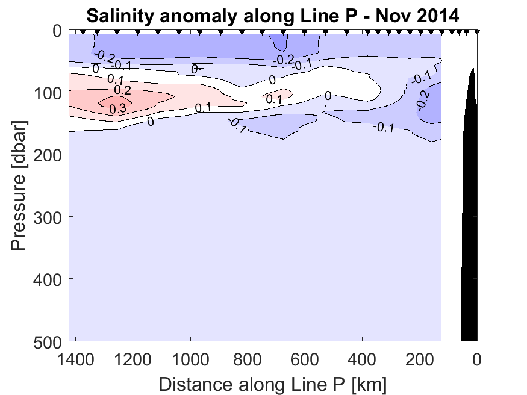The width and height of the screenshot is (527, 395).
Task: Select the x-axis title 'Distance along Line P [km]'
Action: pyautogui.click(x=272, y=383)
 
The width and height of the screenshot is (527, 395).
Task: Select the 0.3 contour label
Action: pyautogui.click(x=117, y=108)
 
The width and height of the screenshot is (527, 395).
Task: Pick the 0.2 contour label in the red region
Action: pyautogui.click(x=122, y=90)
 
